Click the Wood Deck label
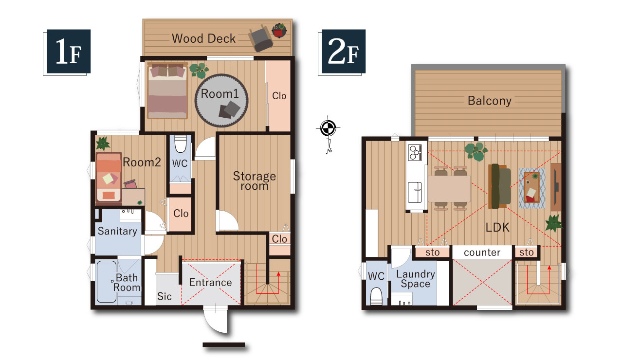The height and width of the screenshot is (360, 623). pos(203,38)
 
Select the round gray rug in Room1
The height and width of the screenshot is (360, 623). pos(221,100)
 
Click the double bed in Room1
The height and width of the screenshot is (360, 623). pos(167,90)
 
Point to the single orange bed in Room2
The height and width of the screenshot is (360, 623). pos(109,177)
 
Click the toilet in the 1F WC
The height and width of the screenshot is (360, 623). pos(181,144)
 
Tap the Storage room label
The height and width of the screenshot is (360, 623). pos(254,180)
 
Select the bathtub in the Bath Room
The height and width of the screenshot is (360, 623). pos(107,281)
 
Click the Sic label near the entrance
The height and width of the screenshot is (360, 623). pos(164,296)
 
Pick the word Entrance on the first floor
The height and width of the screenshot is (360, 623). pos(211,283)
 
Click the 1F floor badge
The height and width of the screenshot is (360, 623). pos(69,51)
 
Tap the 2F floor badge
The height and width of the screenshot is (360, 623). pos(344,51)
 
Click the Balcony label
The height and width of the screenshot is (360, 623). pos(490,101)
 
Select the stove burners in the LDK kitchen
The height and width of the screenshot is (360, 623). pos(415,153)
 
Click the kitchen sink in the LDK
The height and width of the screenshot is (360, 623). pos(414,192)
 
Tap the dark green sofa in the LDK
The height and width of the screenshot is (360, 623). pos(499,186)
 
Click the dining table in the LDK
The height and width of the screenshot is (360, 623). pos(449,189)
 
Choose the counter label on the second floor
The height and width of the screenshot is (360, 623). pos(482,252)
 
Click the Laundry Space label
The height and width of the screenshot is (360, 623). pos(416,279)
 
